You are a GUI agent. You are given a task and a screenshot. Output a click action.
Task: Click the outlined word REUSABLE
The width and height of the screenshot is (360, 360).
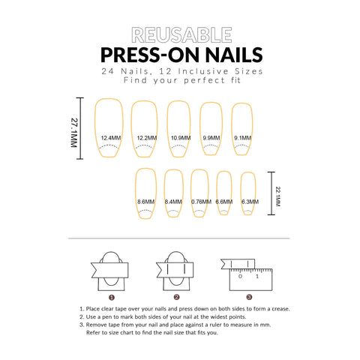tap(181, 35)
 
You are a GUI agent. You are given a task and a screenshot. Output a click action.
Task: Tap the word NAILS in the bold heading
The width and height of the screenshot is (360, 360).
tap(234, 55)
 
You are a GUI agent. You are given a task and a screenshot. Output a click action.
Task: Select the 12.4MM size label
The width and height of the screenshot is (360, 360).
tap(111, 138)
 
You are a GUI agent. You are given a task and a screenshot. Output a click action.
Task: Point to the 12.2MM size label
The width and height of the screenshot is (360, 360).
tap(147, 138)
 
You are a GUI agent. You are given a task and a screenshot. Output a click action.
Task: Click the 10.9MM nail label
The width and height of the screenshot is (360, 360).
tap(181, 138)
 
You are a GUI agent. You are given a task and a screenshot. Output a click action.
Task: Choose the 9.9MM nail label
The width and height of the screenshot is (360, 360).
tap(211, 138)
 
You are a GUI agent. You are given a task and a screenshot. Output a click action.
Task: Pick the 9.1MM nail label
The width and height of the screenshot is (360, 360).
tap(242, 138)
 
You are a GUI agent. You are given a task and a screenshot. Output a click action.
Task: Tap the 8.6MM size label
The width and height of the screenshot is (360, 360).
tap(145, 202)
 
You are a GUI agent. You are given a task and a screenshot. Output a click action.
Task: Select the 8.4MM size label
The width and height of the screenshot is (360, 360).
tap(173, 202)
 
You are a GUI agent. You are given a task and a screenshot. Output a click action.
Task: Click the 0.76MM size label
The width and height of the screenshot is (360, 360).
tap(201, 202)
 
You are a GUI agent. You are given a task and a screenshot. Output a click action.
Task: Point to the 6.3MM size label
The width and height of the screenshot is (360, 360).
tap(250, 202)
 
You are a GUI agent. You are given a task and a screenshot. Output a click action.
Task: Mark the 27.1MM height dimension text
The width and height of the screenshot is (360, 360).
tap(74, 133)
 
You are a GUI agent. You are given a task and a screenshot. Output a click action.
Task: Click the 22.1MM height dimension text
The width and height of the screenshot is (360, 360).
tap(278, 196)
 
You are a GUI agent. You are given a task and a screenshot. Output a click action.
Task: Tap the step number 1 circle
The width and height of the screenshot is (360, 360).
tap(112, 298)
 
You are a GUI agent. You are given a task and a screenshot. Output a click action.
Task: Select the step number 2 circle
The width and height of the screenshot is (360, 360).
tap(176, 297)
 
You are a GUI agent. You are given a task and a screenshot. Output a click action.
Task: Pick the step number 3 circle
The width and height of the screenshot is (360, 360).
tap(249, 297)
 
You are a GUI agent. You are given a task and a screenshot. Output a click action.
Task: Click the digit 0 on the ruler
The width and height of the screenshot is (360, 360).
tap(240, 276)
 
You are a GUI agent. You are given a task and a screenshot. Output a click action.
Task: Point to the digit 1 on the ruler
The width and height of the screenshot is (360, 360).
tap(257, 276)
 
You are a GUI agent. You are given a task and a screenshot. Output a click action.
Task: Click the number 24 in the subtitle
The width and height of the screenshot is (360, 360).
tap(108, 71)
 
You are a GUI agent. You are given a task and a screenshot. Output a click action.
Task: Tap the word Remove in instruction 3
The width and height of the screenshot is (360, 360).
tap(96, 325)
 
